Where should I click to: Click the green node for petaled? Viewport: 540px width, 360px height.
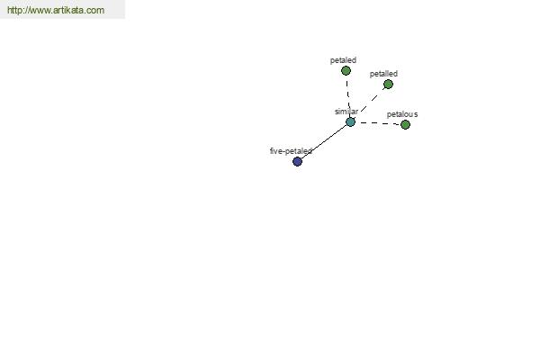346,70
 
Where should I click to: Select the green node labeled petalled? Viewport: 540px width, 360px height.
388,84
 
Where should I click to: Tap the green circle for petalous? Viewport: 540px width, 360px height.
405,125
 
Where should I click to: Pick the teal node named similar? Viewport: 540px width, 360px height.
350,122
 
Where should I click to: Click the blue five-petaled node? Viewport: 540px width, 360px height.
297,161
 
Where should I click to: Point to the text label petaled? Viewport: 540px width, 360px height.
343,60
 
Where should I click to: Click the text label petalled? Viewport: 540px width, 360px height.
383,74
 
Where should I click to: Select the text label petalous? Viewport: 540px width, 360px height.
402,114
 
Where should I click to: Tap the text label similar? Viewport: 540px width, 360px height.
346,112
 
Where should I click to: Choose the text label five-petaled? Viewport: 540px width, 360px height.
291,151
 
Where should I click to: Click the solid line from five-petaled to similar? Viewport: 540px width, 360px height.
324,141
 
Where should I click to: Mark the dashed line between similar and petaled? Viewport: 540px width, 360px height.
347,96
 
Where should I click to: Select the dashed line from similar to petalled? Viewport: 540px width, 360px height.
372,100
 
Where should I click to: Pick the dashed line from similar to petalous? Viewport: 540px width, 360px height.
378,123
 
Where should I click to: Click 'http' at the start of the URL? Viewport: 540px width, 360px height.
13,10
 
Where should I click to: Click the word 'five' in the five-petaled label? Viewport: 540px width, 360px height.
276,151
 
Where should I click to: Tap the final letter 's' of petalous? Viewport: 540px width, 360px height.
416,114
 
